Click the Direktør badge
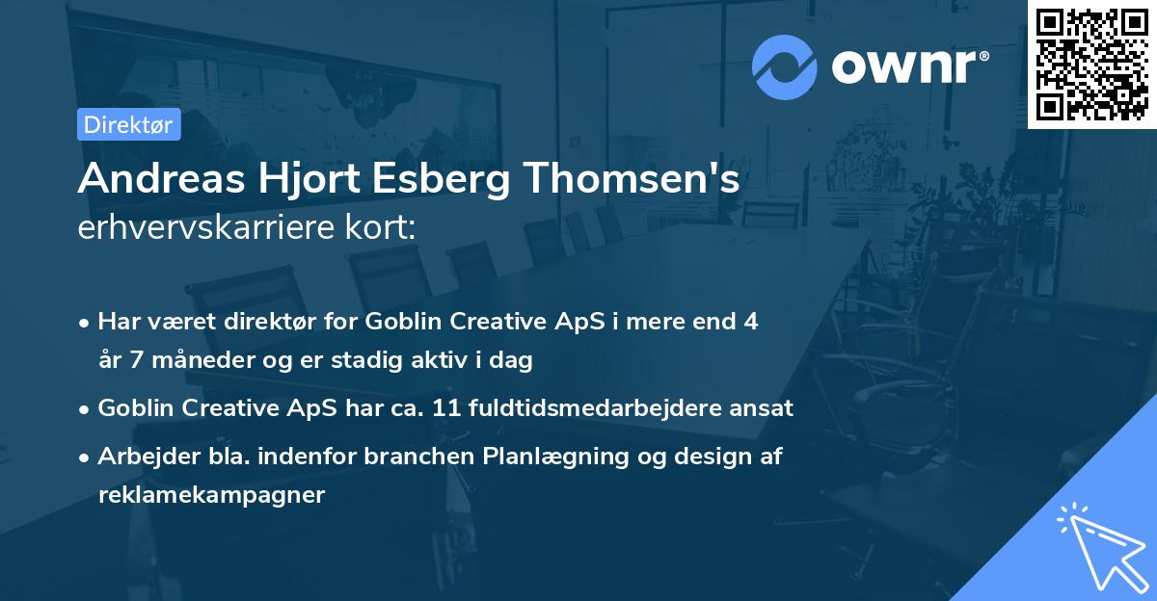coord(128,124)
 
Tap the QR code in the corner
coord(1091,64)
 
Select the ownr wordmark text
coord(909,66)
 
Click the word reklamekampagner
coord(212,495)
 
